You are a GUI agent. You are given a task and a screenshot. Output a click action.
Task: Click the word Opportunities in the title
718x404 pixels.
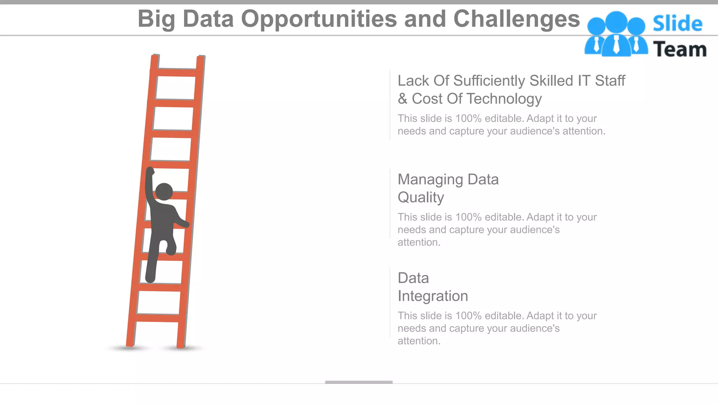319,19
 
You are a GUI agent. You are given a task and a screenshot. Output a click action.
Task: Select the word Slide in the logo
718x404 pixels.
677,24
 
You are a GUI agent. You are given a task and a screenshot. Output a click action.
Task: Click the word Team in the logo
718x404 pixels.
679,49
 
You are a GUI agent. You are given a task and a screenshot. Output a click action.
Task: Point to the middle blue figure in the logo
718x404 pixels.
616,33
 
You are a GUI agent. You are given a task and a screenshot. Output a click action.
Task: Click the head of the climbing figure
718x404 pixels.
164,192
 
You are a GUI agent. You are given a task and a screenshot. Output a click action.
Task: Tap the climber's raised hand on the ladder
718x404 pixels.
150,171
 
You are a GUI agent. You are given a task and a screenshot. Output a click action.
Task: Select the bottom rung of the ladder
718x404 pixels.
157,318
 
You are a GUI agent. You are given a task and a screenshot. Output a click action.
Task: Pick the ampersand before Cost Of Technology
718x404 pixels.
402,99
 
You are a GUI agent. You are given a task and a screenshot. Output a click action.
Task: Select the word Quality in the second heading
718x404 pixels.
421,197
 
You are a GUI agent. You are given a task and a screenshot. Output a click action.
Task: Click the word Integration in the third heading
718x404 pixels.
433,296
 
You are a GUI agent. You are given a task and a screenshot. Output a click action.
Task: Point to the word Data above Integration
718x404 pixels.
413,278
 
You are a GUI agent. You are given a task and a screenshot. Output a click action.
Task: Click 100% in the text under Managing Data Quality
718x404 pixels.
468,217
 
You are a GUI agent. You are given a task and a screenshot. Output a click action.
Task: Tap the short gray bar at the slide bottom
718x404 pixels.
359,382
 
